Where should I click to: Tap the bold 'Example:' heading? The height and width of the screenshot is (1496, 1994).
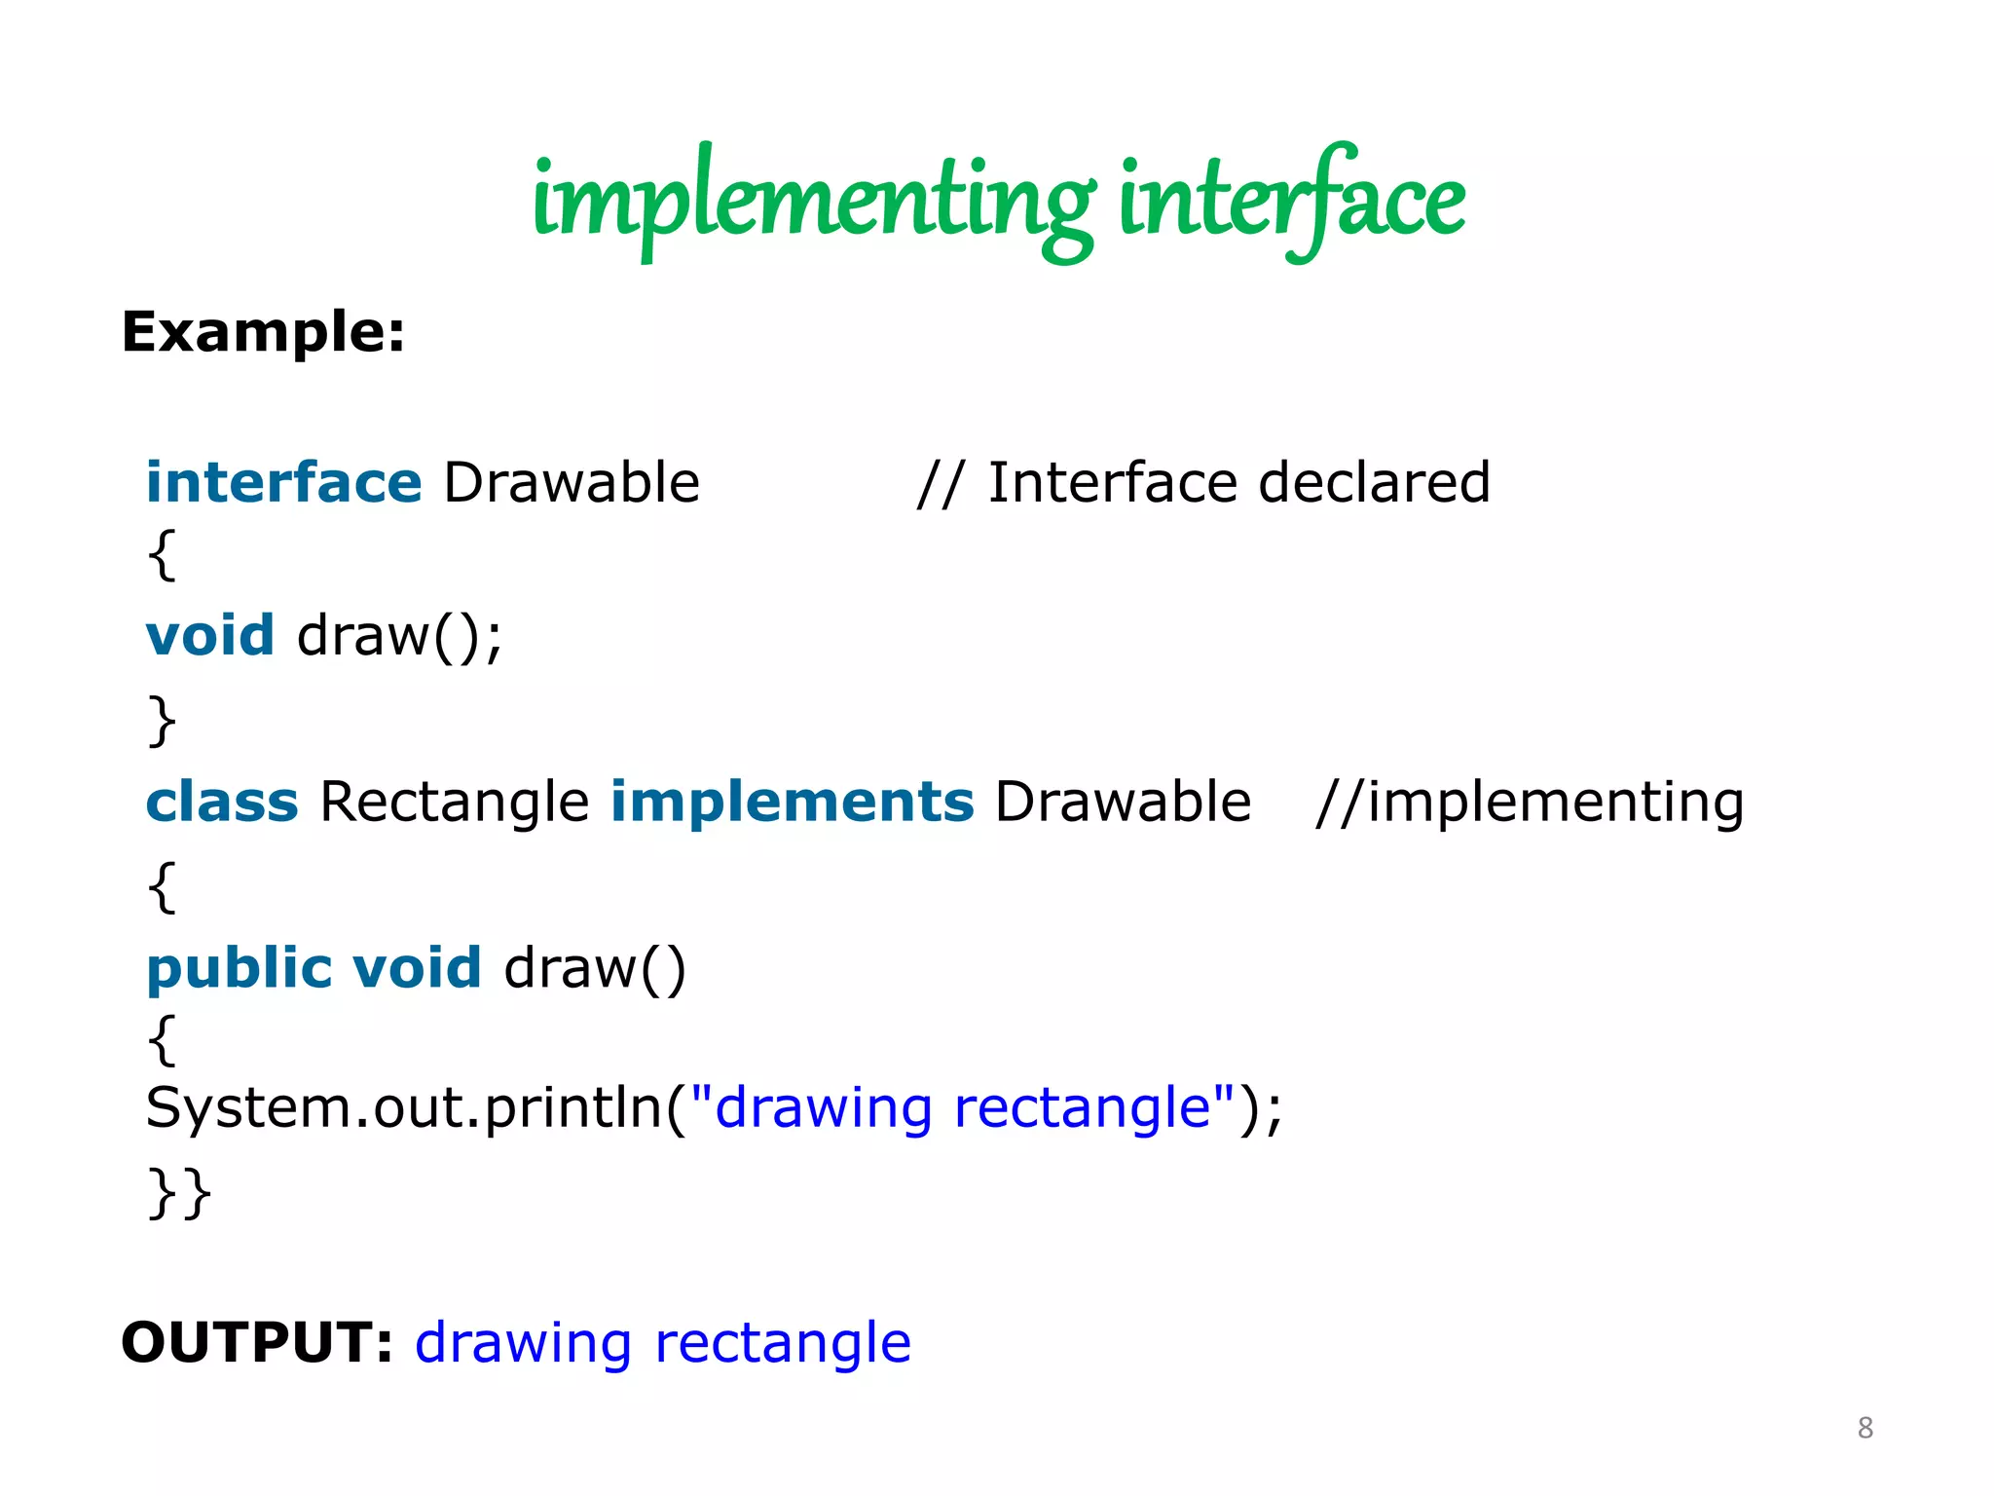pyautogui.click(x=263, y=332)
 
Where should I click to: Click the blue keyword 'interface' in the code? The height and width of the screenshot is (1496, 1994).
pyautogui.click(x=283, y=482)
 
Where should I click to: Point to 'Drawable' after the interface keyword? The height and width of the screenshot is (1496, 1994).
pyautogui.click(x=572, y=482)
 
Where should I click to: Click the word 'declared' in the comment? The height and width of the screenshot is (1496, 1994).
pyautogui.click(x=1374, y=482)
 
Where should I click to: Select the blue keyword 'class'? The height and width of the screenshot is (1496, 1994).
pyautogui.click(x=222, y=802)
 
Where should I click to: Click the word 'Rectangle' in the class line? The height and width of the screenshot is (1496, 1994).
pyautogui.click(x=455, y=804)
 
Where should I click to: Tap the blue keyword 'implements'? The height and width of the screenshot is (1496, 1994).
pyautogui.click(x=793, y=802)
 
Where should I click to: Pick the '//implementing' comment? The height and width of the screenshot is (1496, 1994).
pyautogui.click(x=1530, y=804)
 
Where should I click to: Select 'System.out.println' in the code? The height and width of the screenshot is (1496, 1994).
pyautogui.click(x=405, y=1108)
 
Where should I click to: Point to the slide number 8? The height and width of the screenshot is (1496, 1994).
pyautogui.click(x=1865, y=1427)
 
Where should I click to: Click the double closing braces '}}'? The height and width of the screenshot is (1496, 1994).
pyautogui.click(x=179, y=1193)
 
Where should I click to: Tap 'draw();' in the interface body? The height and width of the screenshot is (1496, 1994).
pyautogui.click(x=399, y=637)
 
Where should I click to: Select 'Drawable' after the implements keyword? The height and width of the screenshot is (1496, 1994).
pyautogui.click(x=1123, y=802)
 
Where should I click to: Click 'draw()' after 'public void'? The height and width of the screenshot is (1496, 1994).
pyautogui.click(x=595, y=969)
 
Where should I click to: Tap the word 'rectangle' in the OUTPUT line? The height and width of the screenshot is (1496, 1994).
pyautogui.click(x=783, y=1344)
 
